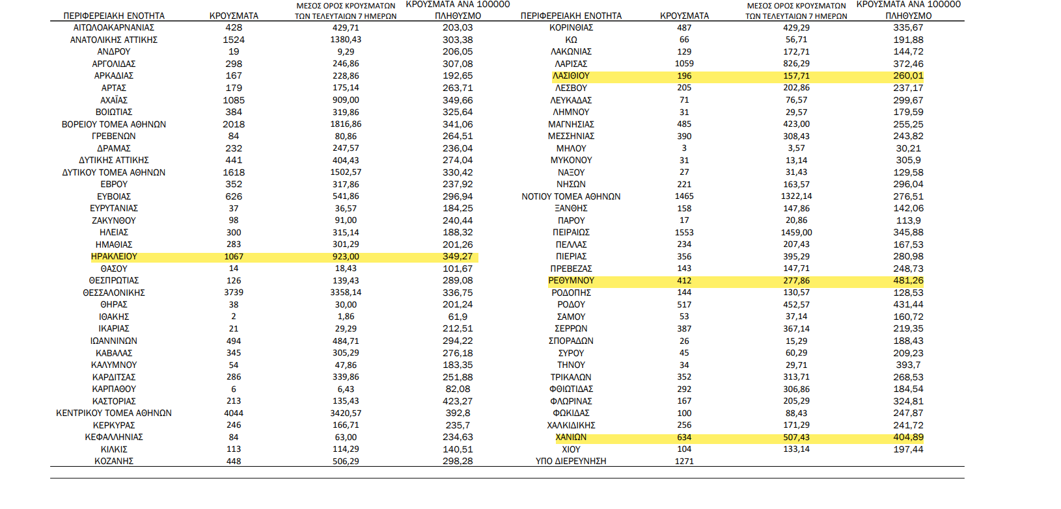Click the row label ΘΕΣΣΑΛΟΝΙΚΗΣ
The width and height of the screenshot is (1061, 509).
coord(114,293)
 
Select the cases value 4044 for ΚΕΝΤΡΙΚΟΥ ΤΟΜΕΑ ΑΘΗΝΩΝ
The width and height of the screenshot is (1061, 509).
coord(234,413)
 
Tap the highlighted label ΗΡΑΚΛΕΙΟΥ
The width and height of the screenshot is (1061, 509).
coord(114,256)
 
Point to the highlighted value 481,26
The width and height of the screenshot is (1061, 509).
coord(908,281)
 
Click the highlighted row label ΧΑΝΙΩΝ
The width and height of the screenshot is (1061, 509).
coord(571,437)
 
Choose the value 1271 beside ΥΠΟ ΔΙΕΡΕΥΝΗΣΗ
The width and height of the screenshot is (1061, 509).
coord(684,462)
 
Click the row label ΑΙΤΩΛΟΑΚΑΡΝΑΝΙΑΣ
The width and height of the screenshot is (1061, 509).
coord(114,27)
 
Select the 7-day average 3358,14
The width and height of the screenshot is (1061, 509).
coord(346,293)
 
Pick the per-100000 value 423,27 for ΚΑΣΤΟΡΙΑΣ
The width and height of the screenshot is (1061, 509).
coord(458,401)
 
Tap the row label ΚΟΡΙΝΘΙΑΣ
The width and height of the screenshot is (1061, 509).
coord(571,27)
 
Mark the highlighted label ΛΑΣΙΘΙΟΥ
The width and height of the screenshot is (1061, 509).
coord(571,75)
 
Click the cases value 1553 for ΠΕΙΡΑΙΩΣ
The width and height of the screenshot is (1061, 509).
coord(684,232)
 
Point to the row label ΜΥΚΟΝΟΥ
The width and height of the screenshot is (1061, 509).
coord(571,161)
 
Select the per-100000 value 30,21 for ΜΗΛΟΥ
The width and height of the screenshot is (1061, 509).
coord(908,148)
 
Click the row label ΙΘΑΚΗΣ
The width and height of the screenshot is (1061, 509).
coord(114,317)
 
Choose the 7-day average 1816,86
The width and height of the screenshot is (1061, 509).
coord(346,124)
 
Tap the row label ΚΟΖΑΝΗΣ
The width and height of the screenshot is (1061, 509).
coord(114,462)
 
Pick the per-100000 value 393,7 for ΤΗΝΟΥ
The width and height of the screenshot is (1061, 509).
coord(908,365)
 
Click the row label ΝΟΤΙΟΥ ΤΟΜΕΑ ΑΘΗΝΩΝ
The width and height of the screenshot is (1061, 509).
coord(571,196)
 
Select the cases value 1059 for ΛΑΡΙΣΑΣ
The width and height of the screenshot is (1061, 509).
coord(684,64)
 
